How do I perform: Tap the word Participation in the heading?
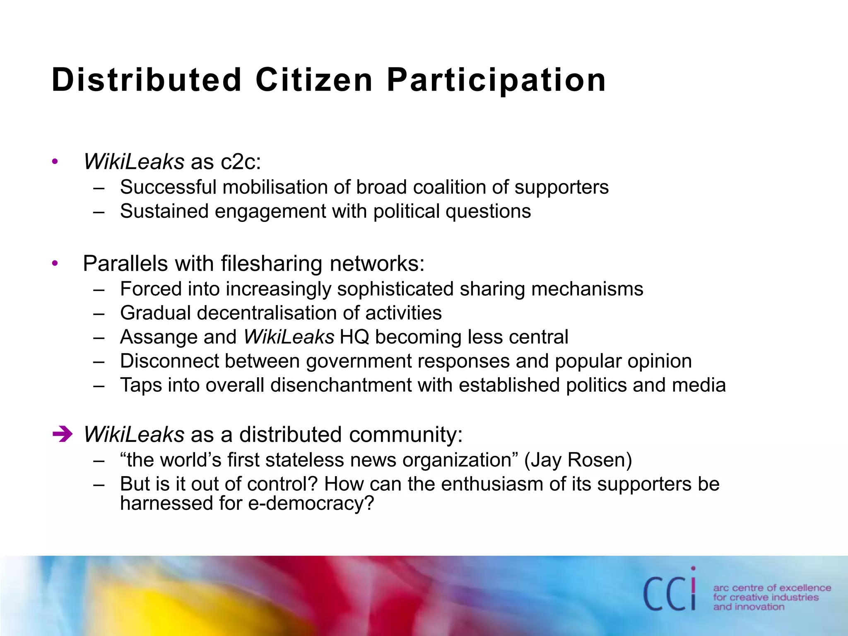pos(496,80)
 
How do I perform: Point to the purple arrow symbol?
pos(63,434)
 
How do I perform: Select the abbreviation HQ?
pos(354,337)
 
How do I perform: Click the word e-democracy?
pos(311,503)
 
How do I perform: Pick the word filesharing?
pos(272,264)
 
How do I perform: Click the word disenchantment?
pos(341,385)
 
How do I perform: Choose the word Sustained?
pos(164,211)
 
